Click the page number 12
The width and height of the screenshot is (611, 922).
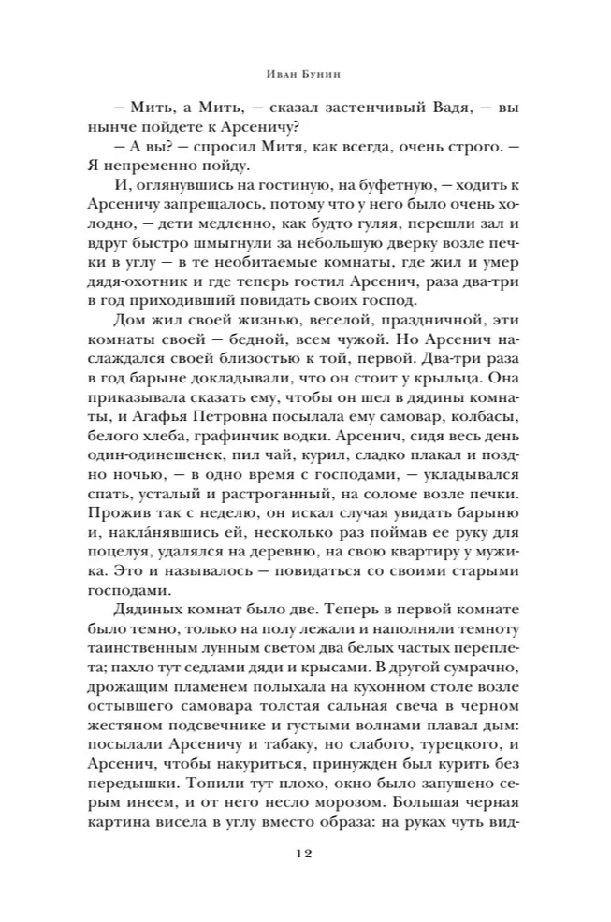click(x=305, y=855)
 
